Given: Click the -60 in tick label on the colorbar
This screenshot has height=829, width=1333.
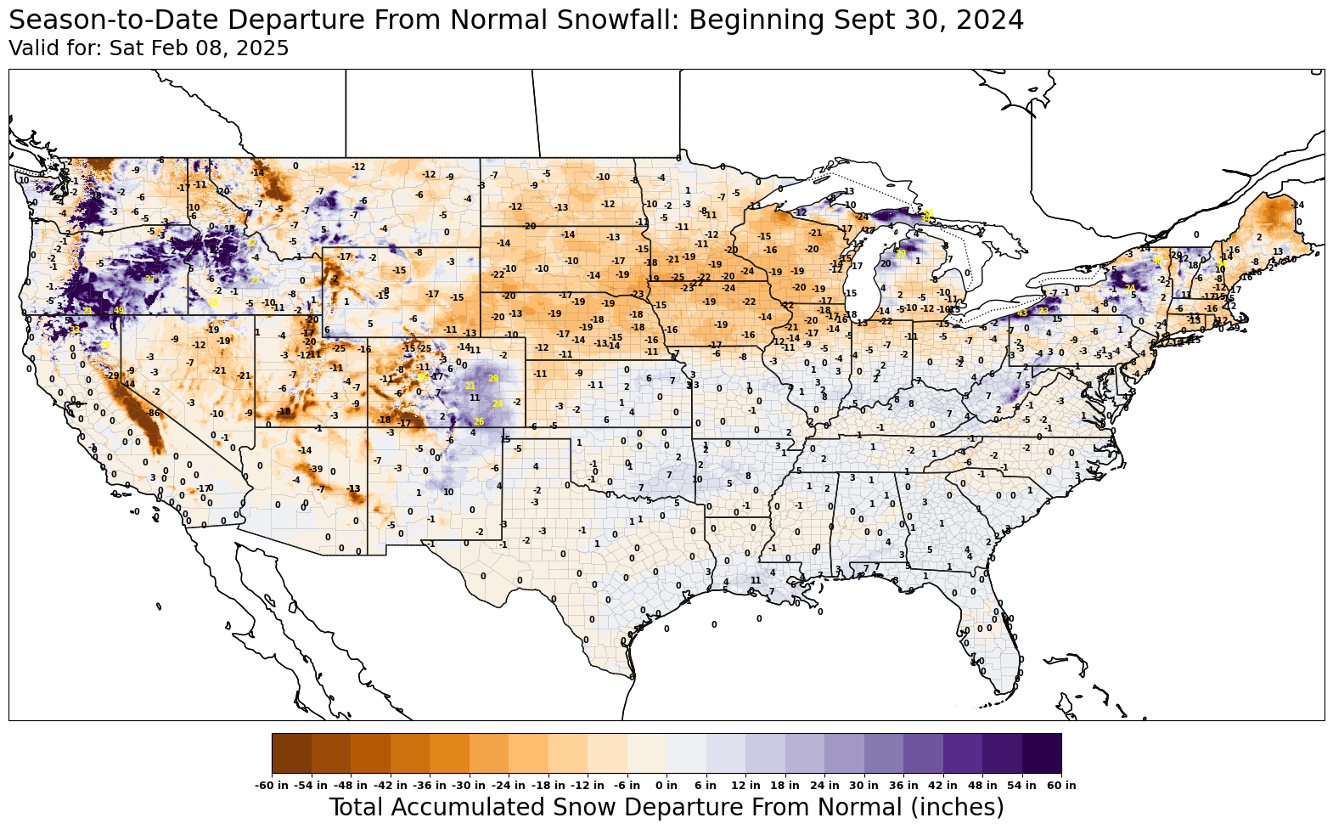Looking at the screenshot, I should tap(273, 786).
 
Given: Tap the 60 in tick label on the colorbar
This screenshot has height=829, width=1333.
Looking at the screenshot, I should tap(1061, 786).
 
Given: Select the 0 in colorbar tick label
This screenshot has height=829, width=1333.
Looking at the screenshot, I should tap(666, 786).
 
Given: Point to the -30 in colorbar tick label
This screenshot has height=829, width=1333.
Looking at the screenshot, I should tap(470, 786).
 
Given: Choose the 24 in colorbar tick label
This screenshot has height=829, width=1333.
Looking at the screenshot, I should tap(824, 786).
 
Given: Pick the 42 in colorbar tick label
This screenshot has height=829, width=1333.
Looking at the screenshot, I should tap(942, 786).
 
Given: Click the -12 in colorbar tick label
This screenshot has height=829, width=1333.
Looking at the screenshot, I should tap(588, 786).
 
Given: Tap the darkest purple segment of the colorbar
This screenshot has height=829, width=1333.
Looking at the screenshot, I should tap(1042, 753).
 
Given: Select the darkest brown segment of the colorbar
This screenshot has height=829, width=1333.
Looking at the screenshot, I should tap(292, 753).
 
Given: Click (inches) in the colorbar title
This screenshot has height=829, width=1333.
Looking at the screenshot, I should tap(956, 807).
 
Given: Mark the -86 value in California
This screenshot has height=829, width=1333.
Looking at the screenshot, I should tap(153, 414).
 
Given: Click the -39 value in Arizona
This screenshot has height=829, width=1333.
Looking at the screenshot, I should tap(316, 470).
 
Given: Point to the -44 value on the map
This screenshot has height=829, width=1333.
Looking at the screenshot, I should tap(129, 385).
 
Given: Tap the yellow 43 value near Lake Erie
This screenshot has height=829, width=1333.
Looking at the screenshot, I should tap(1022, 313).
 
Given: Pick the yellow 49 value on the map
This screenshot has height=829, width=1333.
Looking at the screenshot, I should tap(119, 311).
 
